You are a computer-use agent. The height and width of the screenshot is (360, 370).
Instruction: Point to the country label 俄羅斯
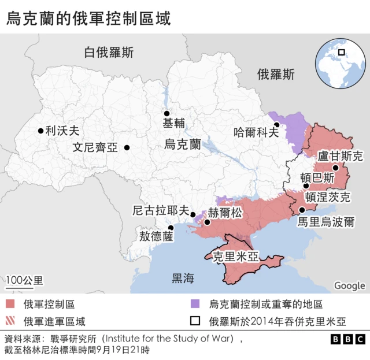[276, 75]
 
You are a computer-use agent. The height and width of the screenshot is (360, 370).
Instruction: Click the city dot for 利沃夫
[40, 131]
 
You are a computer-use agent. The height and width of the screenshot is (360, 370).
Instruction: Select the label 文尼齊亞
[95, 147]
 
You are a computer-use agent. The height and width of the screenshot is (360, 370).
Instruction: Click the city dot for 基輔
[166, 113]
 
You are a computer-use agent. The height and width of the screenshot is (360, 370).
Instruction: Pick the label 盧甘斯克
[341, 156]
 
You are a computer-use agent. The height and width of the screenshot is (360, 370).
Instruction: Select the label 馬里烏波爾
[325, 222]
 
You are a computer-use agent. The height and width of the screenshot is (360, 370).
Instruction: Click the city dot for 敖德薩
[170, 228]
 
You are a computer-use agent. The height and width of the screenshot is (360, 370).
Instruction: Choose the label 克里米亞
[235, 257]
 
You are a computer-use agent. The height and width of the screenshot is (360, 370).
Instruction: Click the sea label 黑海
[183, 279]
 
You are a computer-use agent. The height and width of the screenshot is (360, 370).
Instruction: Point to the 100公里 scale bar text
[24, 280]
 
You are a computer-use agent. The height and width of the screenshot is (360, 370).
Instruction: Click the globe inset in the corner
[338, 64]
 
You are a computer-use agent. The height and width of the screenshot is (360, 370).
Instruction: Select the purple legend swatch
[195, 304]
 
